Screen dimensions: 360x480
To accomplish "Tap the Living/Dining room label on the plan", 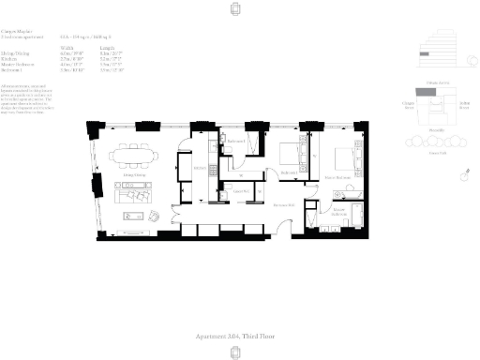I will point(138,174).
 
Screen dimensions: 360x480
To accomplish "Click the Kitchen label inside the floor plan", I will point(199,169).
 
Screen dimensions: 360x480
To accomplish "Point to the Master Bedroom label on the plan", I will point(337,176).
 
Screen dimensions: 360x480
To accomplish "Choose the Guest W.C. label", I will point(239,189).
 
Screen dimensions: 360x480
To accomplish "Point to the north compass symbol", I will point(463,175).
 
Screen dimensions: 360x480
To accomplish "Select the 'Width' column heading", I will point(67,45).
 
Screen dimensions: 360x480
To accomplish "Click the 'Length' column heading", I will point(106,45).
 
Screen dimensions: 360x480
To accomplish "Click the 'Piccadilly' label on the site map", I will point(436,129).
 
